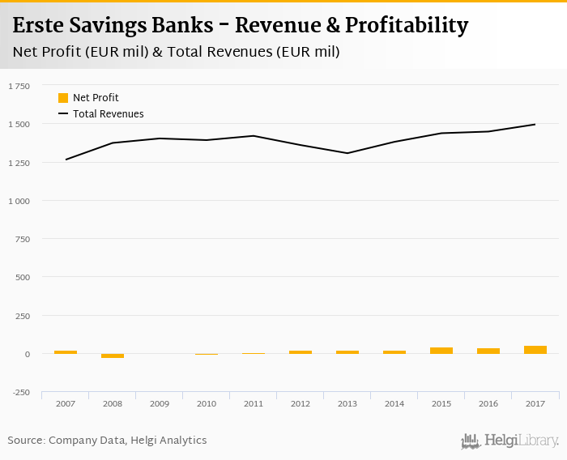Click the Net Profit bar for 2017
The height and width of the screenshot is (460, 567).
(535, 350)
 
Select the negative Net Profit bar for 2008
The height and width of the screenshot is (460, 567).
(113, 356)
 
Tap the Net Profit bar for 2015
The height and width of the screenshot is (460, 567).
(441, 351)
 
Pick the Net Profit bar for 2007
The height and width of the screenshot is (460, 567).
(66, 352)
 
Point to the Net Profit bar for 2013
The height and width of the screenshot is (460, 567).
(347, 352)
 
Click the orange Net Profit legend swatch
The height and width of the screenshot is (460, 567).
(63, 98)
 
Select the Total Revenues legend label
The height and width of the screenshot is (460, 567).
(108, 114)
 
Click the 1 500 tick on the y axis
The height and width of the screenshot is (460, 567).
(19, 124)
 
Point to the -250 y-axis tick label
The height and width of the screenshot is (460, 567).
(19, 393)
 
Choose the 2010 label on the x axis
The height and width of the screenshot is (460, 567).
(207, 402)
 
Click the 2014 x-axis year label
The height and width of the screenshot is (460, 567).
(394, 402)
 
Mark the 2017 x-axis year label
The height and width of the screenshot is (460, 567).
(535, 402)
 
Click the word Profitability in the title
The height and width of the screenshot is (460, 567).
(407, 26)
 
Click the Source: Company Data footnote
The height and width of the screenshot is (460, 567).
(107, 441)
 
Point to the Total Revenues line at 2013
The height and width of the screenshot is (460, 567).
(347, 153)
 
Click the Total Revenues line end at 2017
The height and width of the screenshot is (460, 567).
(535, 125)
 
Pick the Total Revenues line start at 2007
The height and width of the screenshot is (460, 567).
(66, 160)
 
